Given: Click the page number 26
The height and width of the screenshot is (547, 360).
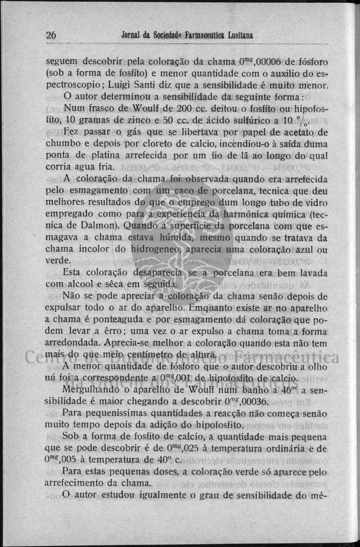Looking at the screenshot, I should (51, 35).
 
